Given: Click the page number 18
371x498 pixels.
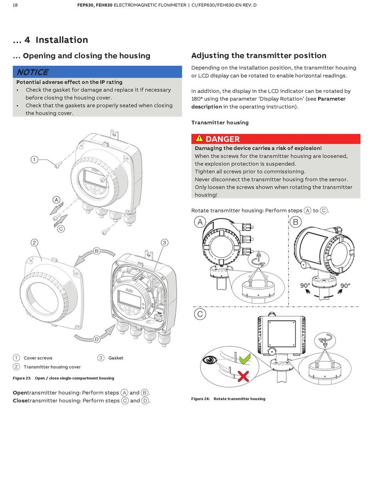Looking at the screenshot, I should click(15, 5).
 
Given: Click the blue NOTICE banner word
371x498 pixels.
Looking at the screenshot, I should click(32, 72).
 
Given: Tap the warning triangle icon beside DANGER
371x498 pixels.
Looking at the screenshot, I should click(199, 138).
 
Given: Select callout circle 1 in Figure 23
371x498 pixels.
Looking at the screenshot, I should click(34, 160).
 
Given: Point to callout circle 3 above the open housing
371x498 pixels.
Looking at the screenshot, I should click(164, 243).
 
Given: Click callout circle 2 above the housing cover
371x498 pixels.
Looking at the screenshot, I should click(34, 243).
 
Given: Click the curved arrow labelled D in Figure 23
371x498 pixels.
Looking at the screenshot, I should click(95, 337).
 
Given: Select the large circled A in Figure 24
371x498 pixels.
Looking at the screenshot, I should click(200, 222).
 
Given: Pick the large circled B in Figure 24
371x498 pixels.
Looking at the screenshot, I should click(295, 222).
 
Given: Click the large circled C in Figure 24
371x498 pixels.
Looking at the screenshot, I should click(200, 314).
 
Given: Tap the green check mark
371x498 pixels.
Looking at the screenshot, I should click(244, 358).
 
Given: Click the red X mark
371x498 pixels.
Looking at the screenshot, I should click(243, 376).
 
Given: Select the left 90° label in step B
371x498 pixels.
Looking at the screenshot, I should click(305, 285).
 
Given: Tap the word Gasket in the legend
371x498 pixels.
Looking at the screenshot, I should click(116, 358).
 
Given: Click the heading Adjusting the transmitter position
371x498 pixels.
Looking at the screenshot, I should click(259, 55).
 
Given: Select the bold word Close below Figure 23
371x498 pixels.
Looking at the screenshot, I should click(20, 401).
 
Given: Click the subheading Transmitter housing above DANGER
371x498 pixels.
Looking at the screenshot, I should click(220, 122).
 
